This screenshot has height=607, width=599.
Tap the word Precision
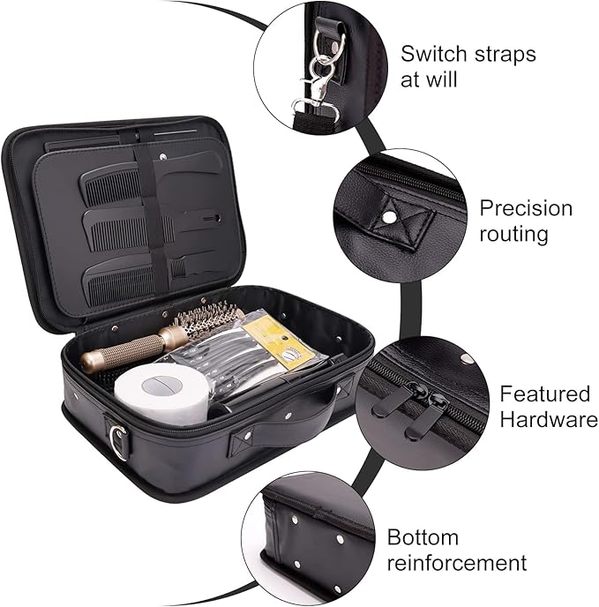[526, 208]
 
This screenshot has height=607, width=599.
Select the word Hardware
[549, 419]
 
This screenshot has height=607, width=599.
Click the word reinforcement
[457, 563]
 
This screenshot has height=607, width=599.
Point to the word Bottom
[423, 537]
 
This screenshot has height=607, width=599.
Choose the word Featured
[545, 393]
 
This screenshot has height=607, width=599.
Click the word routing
[513, 234]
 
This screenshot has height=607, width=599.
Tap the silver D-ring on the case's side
[118, 442]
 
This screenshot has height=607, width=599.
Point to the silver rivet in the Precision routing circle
[388, 218]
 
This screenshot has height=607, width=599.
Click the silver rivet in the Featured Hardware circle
[466, 358]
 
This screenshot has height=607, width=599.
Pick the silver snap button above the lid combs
[163, 156]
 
